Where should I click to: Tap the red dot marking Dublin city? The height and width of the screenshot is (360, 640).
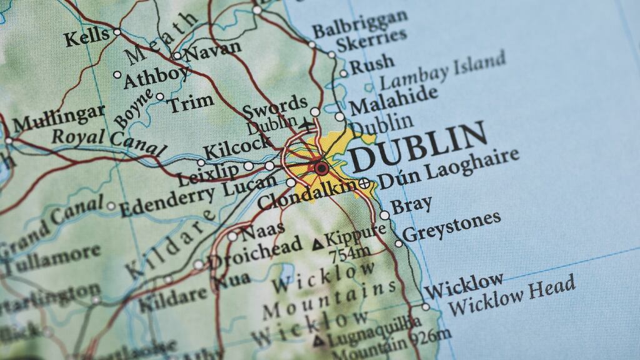[321, 167]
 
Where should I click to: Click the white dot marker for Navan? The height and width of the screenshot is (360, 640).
[177, 56]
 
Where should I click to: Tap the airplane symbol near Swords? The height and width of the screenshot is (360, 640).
[307, 124]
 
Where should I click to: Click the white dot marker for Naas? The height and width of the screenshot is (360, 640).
[232, 236]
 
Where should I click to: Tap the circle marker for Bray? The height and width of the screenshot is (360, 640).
[384, 215]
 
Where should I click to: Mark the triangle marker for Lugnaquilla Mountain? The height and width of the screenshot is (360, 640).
[319, 341]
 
